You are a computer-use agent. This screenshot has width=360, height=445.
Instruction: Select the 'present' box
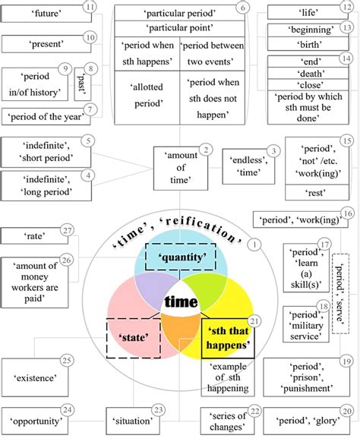coord(41,45)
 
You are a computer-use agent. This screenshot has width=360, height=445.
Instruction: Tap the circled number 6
coord(242,8)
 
